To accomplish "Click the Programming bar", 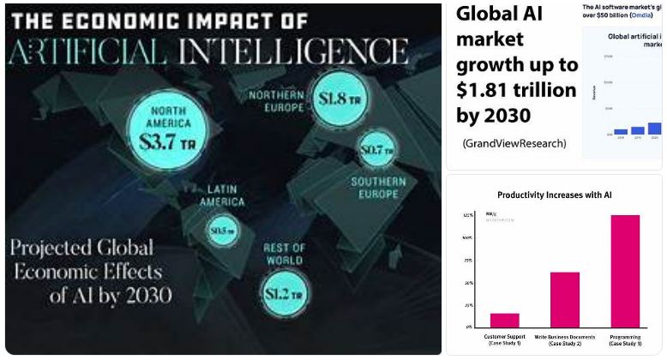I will coord(624,271).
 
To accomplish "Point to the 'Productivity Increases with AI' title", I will coord(554,195).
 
